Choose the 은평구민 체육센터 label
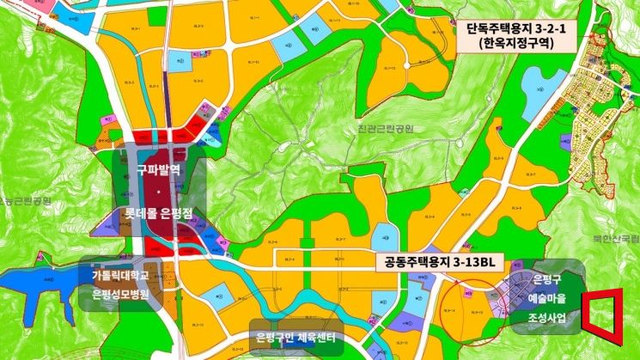[x=295, y=336]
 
